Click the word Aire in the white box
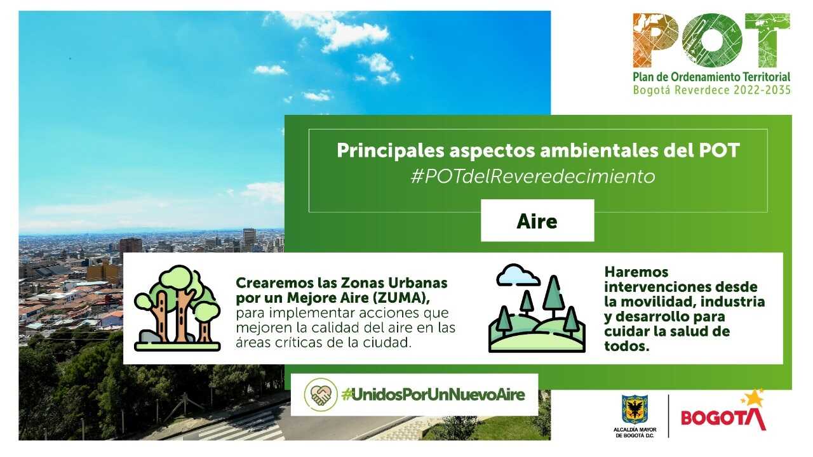coord(537,221)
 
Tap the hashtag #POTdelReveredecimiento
coord(532,176)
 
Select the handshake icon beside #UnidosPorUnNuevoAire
coord(321,395)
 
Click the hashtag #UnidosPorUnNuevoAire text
coord(433,395)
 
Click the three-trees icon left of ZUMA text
coord(177,308)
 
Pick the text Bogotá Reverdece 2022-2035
coord(711,90)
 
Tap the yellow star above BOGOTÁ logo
coord(753,398)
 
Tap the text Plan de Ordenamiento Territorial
coord(711,76)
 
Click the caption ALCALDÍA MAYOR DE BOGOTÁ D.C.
coord(635,432)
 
